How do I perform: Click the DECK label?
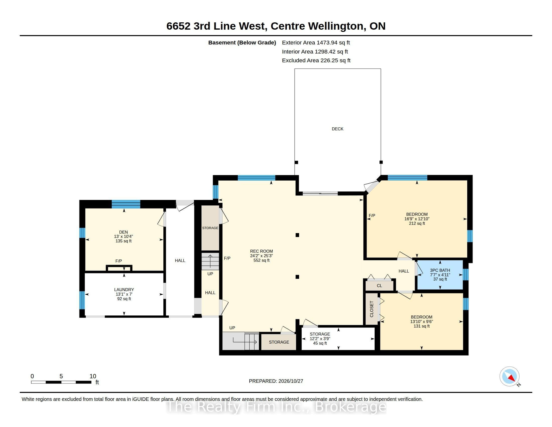[x=337, y=129]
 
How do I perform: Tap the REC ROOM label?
[x=261, y=251]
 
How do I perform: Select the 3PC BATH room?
[x=440, y=275]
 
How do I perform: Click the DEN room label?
[x=123, y=232]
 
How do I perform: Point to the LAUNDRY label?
[x=124, y=290]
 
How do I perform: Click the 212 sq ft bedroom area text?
[x=417, y=223]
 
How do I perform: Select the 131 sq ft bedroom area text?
[x=421, y=326]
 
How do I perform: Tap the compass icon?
[x=509, y=377]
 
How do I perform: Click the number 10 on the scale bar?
[x=93, y=376]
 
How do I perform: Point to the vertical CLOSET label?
[x=372, y=309]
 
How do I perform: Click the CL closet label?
[x=379, y=286]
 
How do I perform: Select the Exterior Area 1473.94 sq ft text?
[x=316, y=42]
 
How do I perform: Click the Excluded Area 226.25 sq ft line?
[x=316, y=61]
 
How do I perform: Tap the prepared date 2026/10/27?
[x=290, y=381]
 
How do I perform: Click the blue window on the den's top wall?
[x=126, y=204]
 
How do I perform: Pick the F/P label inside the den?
[x=118, y=261]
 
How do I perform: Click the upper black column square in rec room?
[x=297, y=235]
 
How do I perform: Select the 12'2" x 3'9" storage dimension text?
[x=320, y=339]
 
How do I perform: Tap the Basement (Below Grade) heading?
[x=242, y=43]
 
